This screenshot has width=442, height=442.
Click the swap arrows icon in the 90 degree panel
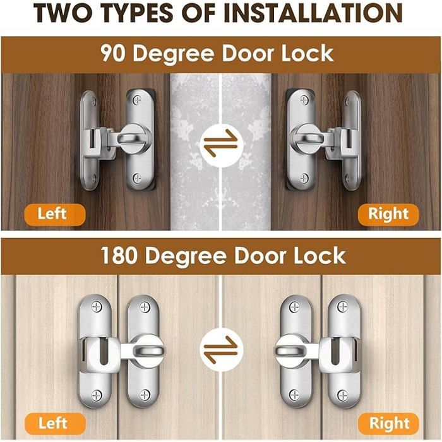pyautogui.click(x=220, y=144)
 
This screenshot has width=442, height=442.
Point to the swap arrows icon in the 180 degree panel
pyautogui.click(x=220, y=347)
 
